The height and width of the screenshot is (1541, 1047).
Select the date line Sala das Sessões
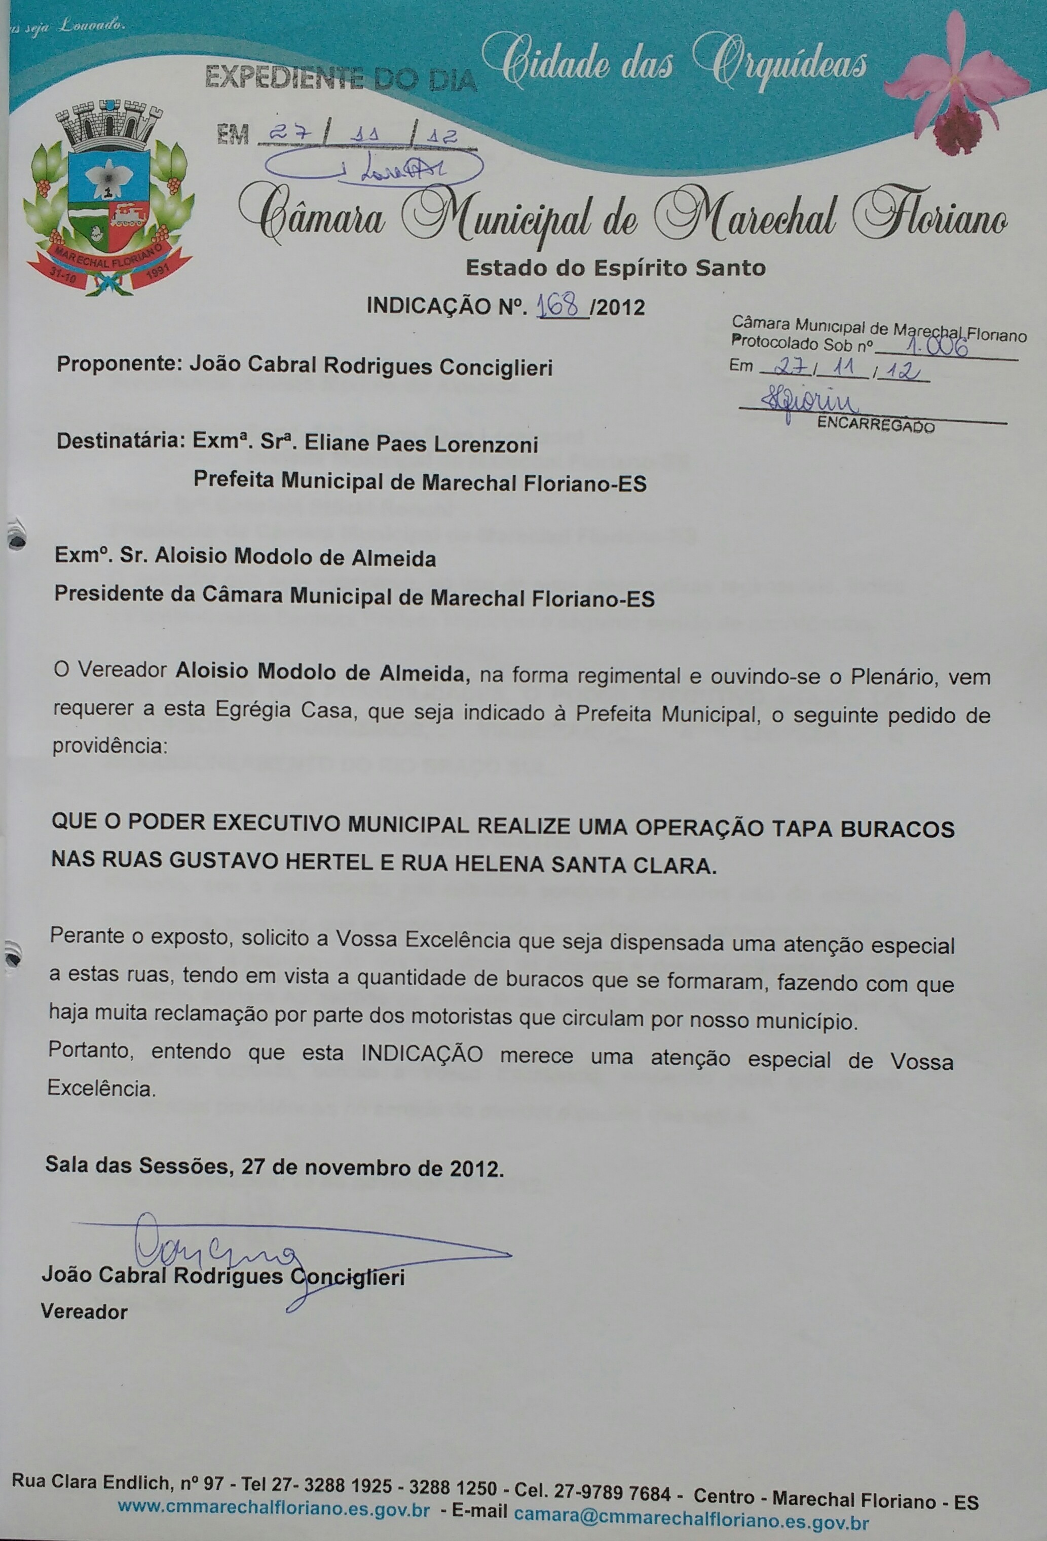click(x=273, y=1167)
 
